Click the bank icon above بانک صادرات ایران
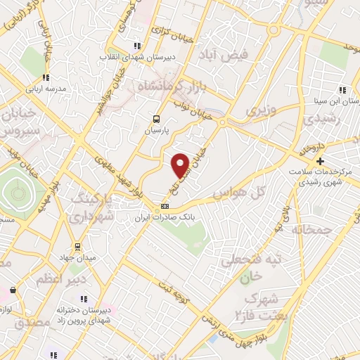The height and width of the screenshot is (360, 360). coord(165,206)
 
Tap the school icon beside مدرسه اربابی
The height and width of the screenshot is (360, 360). coord(46,78)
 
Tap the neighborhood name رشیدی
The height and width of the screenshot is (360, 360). coord(328,120)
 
